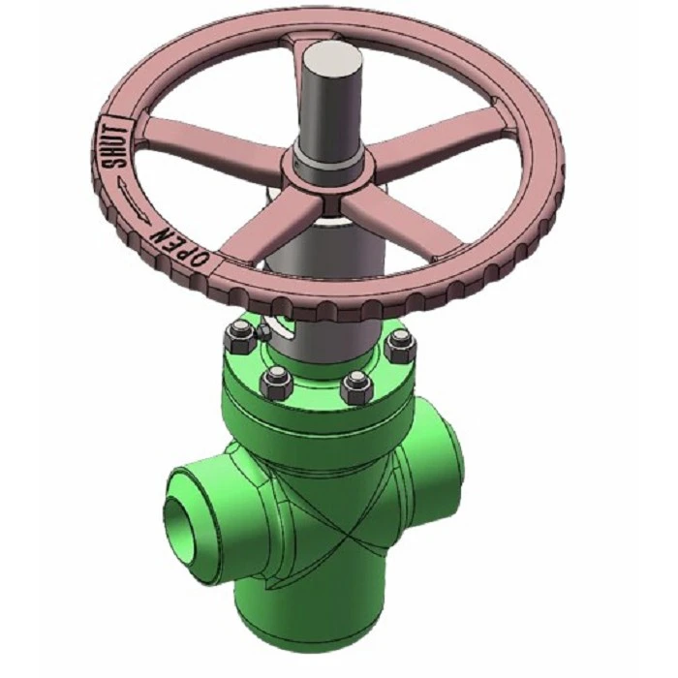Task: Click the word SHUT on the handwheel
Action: coord(116,146)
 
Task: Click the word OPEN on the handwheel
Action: coord(179,246)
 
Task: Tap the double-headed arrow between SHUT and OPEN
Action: coord(134,202)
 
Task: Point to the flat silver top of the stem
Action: coord(332,58)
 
